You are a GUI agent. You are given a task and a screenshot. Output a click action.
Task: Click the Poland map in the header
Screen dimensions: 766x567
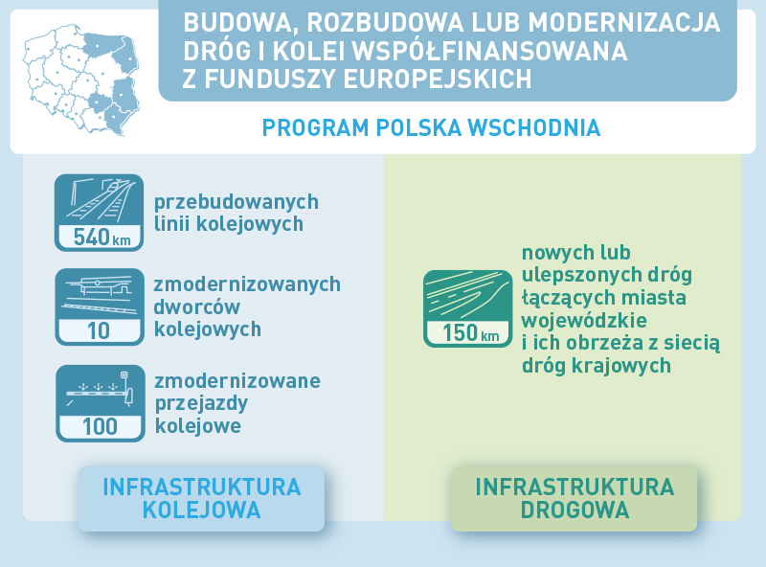[81, 80]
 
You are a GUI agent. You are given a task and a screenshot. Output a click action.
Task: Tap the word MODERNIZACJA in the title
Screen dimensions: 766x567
[624, 22]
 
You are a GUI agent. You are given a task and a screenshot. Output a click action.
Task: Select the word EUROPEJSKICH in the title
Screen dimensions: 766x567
[438, 79]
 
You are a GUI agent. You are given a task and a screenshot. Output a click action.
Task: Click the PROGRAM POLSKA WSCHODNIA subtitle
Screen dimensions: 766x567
[431, 128]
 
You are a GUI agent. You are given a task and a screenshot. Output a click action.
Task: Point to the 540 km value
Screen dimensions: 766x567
[102, 238]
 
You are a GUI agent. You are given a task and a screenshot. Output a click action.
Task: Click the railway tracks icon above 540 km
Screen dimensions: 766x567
[100, 200]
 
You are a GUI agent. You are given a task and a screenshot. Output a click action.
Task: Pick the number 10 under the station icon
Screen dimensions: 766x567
[99, 331]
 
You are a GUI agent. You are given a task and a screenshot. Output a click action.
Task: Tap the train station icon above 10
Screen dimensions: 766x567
[100, 294]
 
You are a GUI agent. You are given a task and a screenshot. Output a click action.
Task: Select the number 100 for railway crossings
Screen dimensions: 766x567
[101, 427]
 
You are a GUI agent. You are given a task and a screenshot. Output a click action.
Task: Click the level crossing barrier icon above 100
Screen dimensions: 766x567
[101, 389]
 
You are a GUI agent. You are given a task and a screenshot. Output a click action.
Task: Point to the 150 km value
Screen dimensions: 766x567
[470, 333]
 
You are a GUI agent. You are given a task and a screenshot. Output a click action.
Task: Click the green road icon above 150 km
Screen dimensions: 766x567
[468, 297]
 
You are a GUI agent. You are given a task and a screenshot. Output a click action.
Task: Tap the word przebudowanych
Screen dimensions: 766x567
[237, 202]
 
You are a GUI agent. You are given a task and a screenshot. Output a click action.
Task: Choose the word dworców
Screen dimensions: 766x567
[197, 306]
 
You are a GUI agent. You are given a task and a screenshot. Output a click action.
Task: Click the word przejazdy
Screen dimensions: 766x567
[202, 404]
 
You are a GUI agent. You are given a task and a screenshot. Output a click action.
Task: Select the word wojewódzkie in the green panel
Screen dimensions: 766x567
[584, 320]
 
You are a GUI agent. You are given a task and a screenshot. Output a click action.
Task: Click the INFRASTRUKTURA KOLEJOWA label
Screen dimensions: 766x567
[202, 499]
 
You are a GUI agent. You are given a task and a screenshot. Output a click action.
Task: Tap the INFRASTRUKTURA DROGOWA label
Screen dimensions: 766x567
[574, 499]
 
